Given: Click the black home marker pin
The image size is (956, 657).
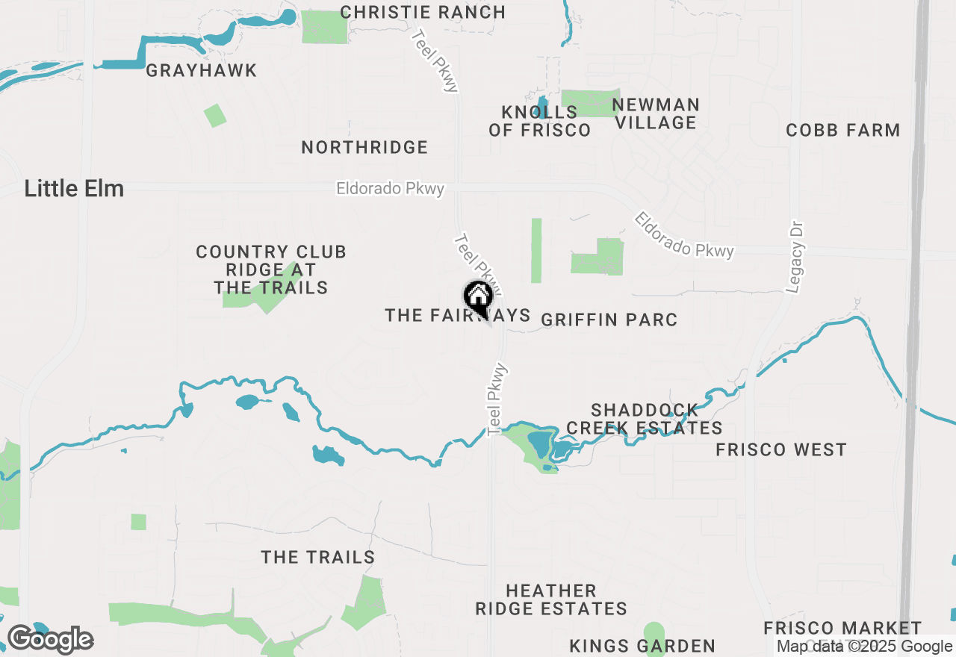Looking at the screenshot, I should (478, 298).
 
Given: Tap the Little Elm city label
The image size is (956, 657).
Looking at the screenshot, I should (74, 188).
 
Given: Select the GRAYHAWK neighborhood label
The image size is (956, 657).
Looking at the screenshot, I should (202, 71).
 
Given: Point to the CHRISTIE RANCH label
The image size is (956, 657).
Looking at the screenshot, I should (423, 13).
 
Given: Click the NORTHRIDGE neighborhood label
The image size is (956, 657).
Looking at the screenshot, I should (364, 148).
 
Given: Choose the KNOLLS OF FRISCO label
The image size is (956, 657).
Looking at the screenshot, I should (539, 121).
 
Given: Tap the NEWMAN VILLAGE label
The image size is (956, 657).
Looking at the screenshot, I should (655, 113).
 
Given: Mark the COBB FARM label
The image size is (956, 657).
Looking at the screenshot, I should (842, 131).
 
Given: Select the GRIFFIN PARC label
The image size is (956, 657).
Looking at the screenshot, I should (609, 320).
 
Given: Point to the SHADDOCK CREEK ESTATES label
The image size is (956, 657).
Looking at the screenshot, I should (645, 419).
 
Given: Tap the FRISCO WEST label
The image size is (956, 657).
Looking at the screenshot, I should (780, 450).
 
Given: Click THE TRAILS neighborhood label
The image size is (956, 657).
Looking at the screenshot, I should (317, 558).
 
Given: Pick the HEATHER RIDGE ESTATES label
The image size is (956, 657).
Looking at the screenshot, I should (551, 600).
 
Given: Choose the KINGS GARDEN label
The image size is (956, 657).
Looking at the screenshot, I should (642, 646).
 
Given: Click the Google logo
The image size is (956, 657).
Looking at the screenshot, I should (50, 640).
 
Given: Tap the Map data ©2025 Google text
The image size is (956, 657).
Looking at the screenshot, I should (863, 647).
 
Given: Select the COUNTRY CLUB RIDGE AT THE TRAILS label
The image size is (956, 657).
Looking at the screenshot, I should (271, 270).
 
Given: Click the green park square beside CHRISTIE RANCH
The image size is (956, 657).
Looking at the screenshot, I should (325, 27).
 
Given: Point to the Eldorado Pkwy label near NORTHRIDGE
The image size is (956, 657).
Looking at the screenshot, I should (390, 190).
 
